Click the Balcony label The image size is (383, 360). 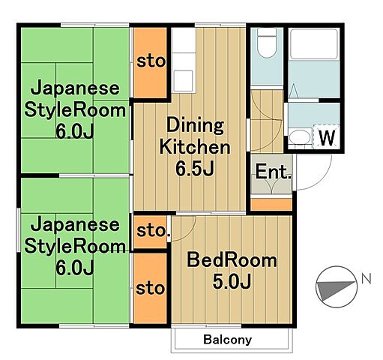click(226, 340)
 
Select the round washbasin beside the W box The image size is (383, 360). click(300, 136)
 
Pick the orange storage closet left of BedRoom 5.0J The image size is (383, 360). click(150, 287)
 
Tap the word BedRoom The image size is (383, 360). click(231, 261)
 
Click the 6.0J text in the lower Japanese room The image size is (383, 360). click(73, 266)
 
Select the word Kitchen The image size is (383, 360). click(193, 146)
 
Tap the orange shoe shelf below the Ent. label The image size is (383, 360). click(271, 203)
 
